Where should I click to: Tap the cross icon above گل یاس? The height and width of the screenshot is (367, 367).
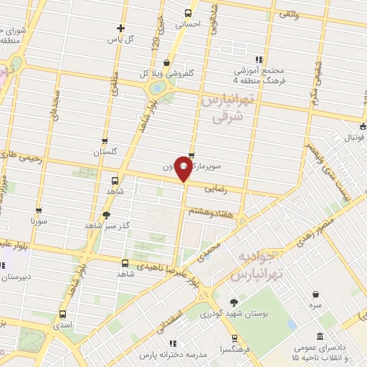coord(120,29)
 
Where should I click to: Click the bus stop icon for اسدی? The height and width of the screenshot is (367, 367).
coord(63,314)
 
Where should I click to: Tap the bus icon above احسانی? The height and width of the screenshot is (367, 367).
coord(188,13)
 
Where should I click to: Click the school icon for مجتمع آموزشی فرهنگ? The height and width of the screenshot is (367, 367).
coord(259,60)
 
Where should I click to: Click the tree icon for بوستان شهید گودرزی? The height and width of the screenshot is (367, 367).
coord(234,302)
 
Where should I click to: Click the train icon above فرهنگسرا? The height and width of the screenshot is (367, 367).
coord(234,336)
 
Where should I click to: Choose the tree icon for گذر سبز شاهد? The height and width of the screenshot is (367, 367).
coord(107,214)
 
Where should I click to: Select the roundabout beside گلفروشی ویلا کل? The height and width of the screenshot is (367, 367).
coord(157,88)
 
